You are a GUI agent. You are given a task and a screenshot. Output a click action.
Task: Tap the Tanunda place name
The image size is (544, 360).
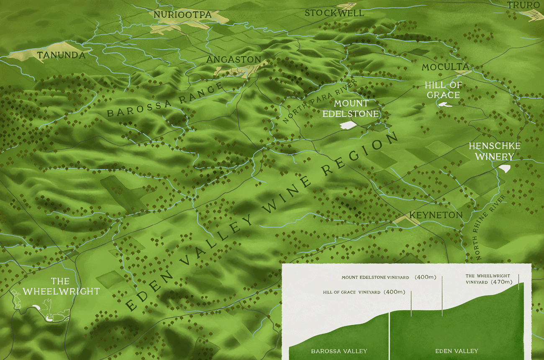(61, 55)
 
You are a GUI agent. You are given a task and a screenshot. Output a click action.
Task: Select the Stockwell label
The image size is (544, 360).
(334, 13)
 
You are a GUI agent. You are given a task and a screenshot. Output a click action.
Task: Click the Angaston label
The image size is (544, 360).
(234, 59)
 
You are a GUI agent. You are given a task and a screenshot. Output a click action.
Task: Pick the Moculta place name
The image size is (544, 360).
(445, 67)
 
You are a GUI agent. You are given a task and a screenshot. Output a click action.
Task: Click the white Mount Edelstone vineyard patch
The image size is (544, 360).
(348, 125)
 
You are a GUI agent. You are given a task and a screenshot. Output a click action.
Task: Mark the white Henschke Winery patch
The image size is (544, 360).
(505, 168)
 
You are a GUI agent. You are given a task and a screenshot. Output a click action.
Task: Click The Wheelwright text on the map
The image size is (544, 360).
(61, 286)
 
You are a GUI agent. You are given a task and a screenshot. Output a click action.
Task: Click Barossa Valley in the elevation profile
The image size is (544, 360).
(339, 351)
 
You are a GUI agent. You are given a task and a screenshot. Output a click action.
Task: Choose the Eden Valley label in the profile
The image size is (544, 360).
(457, 351)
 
